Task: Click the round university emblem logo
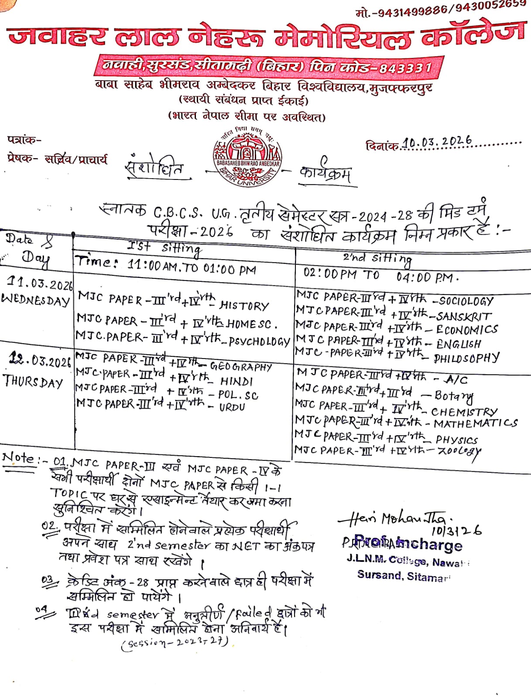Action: (x=247, y=156)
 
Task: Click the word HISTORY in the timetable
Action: (x=244, y=305)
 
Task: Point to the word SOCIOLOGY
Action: (x=466, y=301)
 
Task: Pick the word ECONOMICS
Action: (x=467, y=329)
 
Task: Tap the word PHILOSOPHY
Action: (x=466, y=358)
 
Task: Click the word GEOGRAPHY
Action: (x=241, y=367)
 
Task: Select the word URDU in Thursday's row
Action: (x=232, y=407)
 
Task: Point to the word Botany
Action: (x=454, y=396)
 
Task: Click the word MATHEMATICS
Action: (x=476, y=423)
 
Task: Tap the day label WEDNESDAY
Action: (x=36, y=300)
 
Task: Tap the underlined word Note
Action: (x=18, y=458)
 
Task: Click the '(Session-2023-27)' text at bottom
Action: (x=175, y=643)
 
